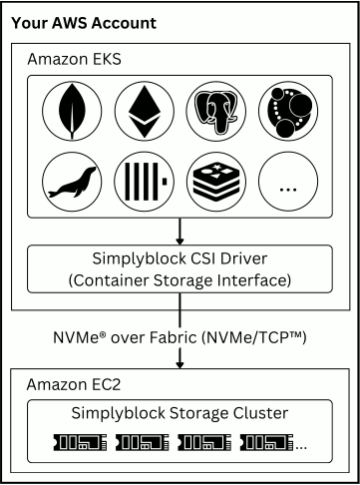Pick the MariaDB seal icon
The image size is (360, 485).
(x=73, y=184)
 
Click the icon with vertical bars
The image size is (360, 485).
(x=145, y=184)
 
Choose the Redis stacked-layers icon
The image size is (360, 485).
(x=216, y=184)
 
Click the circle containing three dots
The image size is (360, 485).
(x=288, y=184)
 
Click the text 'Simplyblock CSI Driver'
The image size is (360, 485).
(x=180, y=260)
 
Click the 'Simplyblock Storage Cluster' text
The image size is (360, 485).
(x=180, y=413)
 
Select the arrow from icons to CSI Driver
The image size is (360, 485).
(x=180, y=232)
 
